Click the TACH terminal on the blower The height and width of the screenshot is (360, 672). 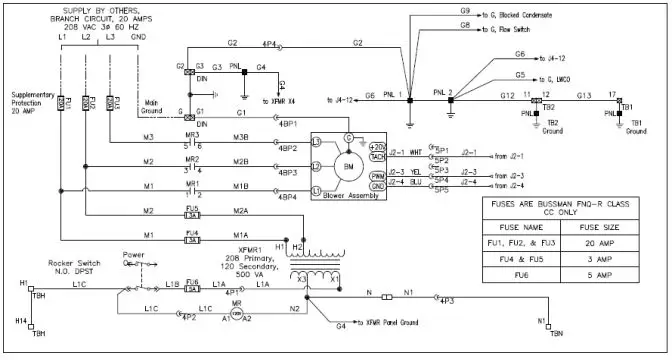[376, 156]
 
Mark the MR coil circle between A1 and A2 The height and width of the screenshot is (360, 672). [237, 315]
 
